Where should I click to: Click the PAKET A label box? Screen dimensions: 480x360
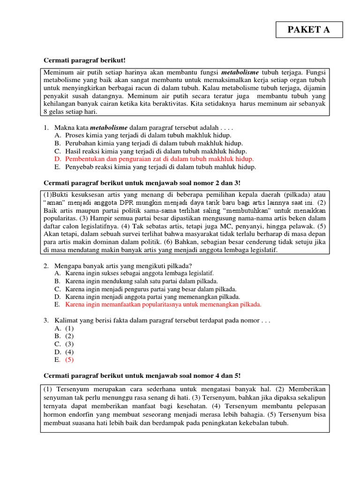click(x=309, y=30)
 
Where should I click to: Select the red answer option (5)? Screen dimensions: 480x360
click(x=69, y=360)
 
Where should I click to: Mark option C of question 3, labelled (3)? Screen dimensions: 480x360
click(x=69, y=344)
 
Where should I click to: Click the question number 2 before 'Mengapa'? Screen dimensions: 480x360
click(x=46, y=266)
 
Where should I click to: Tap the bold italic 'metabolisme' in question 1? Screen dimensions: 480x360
click(x=108, y=127)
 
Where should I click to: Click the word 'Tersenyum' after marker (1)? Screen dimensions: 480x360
click(x=73, y=390)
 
